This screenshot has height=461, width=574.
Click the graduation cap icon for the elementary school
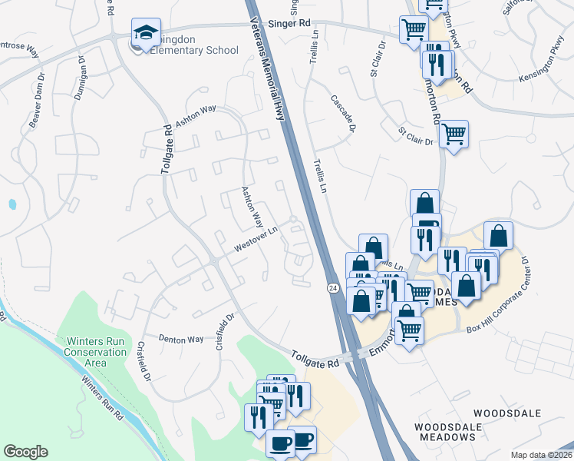click(x=145, y=32)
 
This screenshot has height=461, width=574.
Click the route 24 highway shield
click(x=332, y=287)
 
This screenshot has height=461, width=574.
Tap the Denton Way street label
click(x=181, y=338)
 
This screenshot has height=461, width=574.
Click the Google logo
click(x=25, y=452)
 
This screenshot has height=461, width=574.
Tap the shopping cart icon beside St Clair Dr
click(x=454, y=134)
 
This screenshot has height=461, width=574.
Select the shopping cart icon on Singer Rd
click(x=414, y=30)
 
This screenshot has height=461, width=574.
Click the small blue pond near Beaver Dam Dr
click(x=12, y=205)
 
